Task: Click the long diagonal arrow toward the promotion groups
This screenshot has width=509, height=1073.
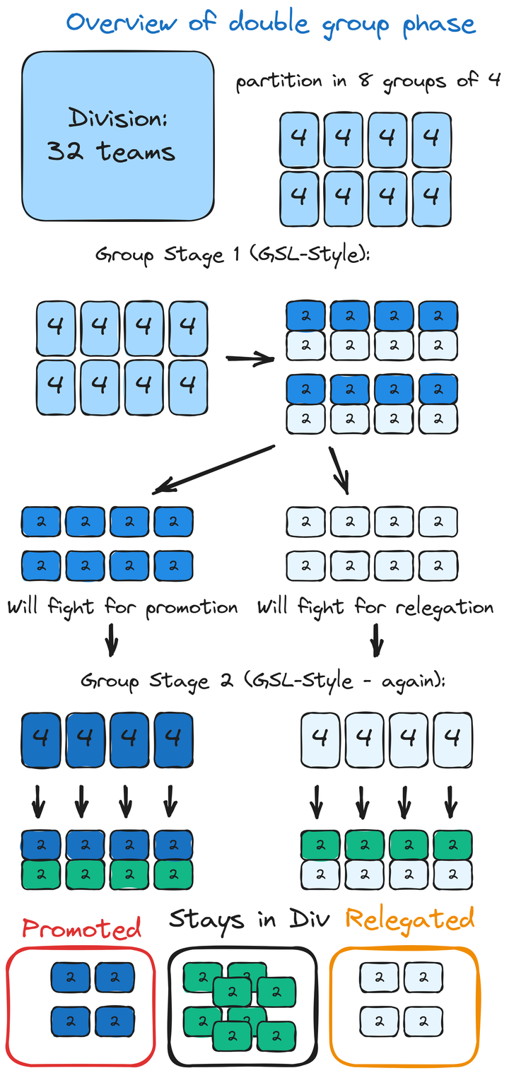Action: click(212, 468)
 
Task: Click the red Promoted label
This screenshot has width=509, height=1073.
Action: click(81, 927)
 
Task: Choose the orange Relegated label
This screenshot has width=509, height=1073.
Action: click(409, 920)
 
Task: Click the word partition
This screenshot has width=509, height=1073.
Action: click(279, 81)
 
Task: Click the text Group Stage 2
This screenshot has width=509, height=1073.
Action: click(144, 681)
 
